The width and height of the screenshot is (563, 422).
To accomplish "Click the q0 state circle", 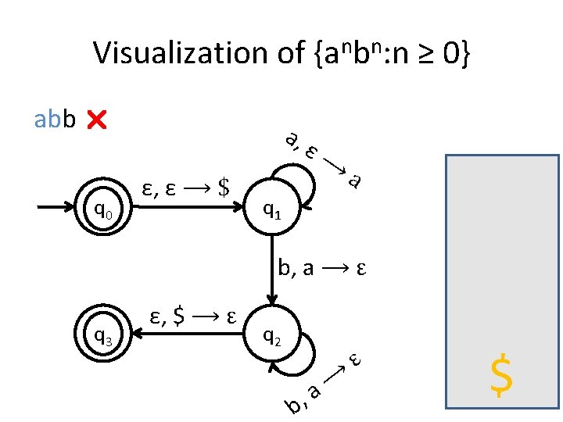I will point(104,209).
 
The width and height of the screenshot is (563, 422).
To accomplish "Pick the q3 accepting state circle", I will point(104,336).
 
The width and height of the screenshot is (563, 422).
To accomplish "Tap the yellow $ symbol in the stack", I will point(501,375).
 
